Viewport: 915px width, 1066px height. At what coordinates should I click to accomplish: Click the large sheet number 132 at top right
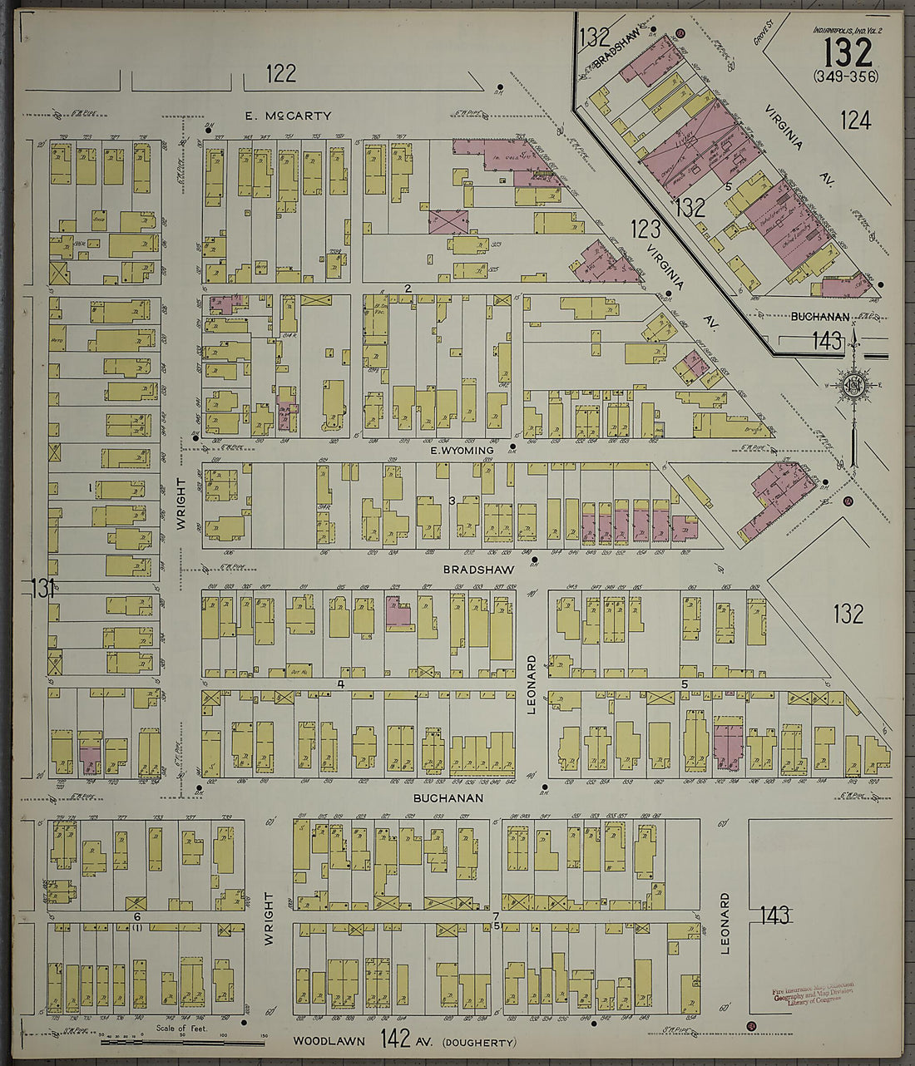pyautogui.click(x=848, y=53)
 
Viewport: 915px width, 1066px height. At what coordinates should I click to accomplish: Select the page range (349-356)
pyautogui.click(x=848, y=77)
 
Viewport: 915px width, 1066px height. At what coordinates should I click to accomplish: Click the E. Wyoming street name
pyautogui.click(x=462, y=450)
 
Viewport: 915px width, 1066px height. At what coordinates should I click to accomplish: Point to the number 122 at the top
pyautogui.click(x=281, y=74)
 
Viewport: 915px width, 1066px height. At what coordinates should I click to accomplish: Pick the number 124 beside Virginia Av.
pyautogui.click(x=855, y=121)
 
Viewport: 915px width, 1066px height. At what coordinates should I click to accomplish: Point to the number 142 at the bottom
pyautogui.click(x=395, y=1039)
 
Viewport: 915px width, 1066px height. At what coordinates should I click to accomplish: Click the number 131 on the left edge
pyautogui.click(x=42, y=589)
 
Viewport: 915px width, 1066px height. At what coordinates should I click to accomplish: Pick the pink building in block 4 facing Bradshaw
pyautogui.click(x=399, y=613)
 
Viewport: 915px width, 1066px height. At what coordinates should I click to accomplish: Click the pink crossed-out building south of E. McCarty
pyautogui.click(x=447, y=222)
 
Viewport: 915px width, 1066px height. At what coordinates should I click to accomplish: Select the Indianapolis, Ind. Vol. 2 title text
pyautogui.click(x=848, y=30)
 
